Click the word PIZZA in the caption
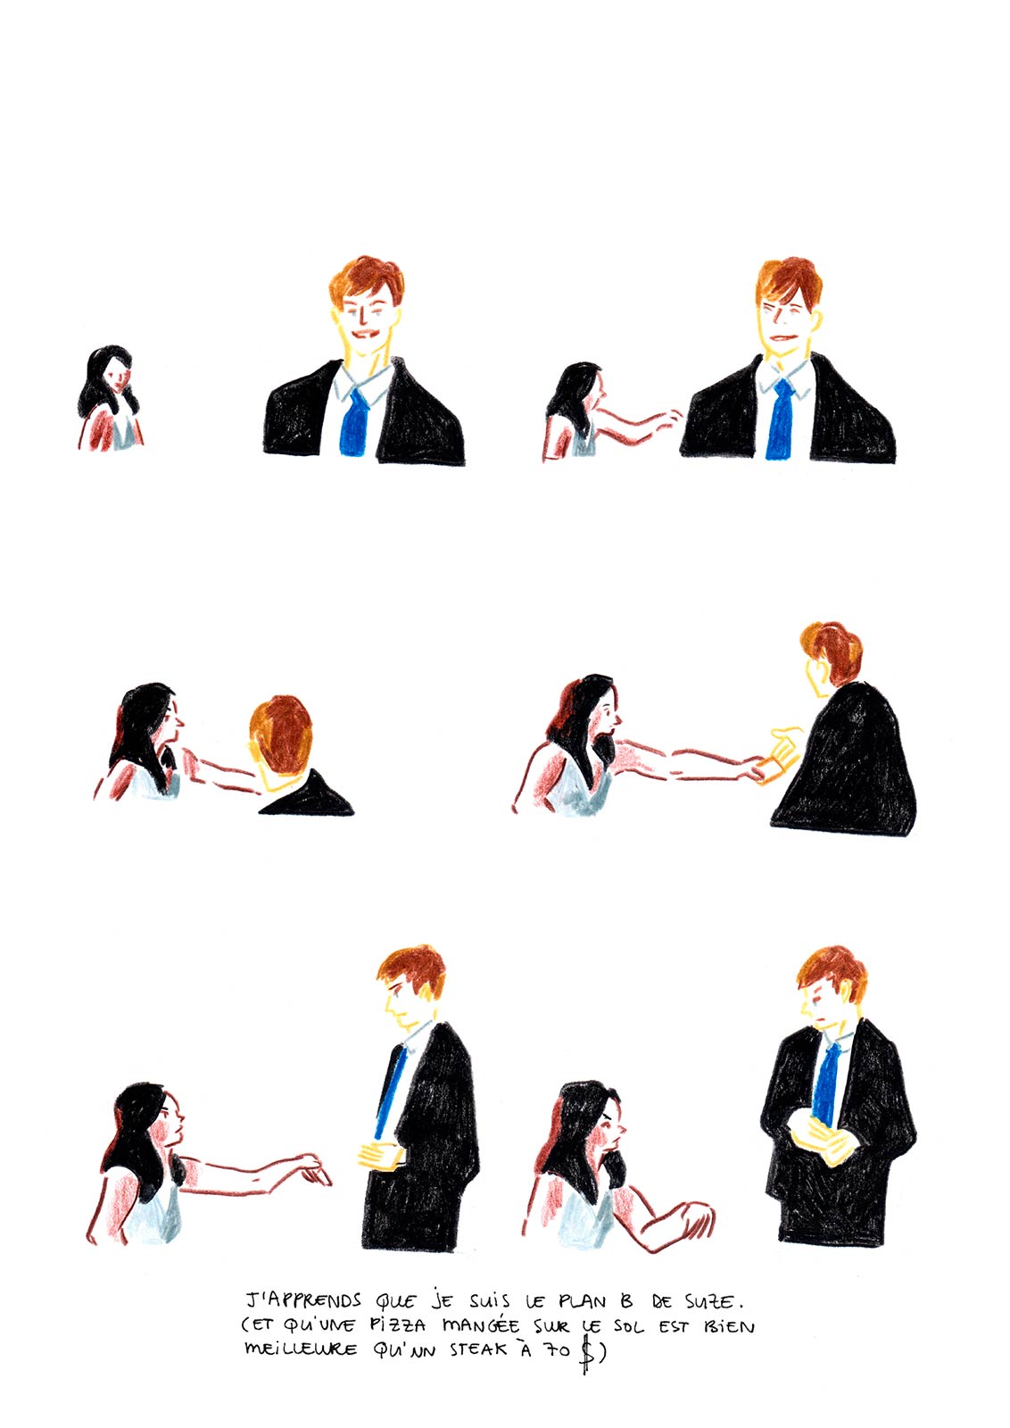[x=398, y=1325]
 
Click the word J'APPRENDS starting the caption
[x=304, y=1300]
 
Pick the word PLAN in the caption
[x=583, y=1300]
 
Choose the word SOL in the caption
[x=628, y=1326]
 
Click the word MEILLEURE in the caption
[x=301, y=1349]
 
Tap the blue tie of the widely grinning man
[x=354, y=422]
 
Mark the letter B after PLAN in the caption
[x=627, y=1300]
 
